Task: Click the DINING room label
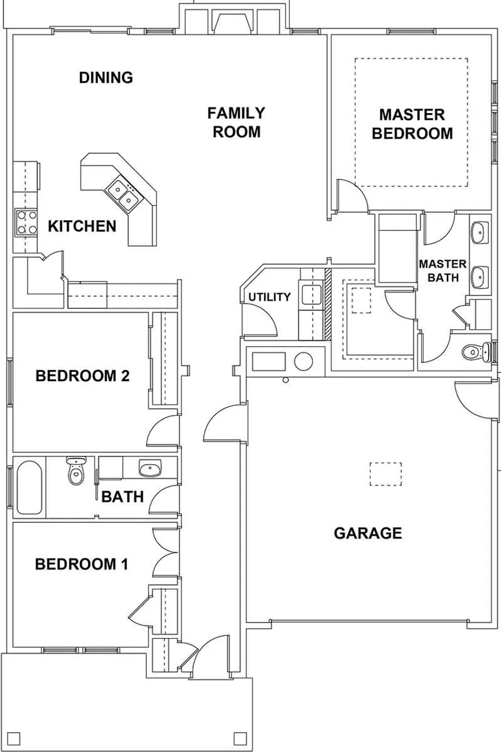coord(106,78)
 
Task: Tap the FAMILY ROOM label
coord(236,122)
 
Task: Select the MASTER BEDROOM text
coord(412,124)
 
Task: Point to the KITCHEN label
coord(82,226)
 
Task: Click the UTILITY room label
coord(269,297)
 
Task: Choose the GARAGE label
coord(368,533)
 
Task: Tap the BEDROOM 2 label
coord(82,376)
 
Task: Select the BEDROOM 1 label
coord(81,564)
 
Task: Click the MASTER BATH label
coord(443,271)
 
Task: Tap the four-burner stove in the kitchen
coord(24,222)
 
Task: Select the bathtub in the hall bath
coord(29,488)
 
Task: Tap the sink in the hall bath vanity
coord(150,468)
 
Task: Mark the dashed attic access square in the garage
coord(386,474)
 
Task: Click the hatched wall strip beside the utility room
coord(328,304)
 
